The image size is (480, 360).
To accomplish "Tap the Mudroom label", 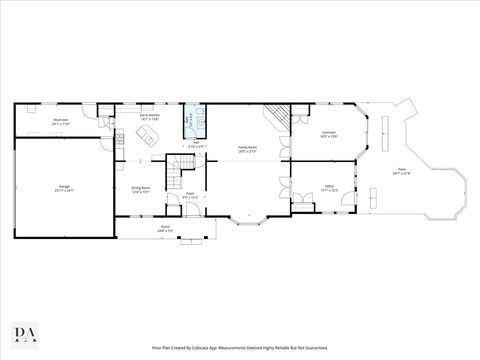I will [x=61, y=120].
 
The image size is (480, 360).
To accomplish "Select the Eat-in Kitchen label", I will [x=150, y=117].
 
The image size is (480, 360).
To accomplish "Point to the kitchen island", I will [x=149, y=135].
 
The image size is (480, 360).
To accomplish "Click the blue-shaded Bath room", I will [x=189, y=124].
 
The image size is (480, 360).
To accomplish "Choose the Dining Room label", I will [x=140, y=188].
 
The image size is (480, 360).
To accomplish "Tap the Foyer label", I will [x=189, y=195].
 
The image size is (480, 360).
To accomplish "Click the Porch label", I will [x=164, y=229].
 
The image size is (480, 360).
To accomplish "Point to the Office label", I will [x=328, y=187].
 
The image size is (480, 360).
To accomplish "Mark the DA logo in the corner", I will [x=21, y=332].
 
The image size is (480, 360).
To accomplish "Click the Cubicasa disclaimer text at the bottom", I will [x=240, y=347].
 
